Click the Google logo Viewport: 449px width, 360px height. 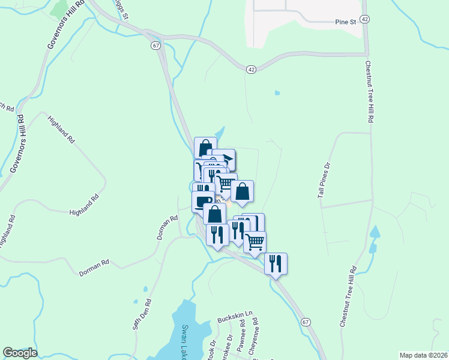tap(20, 353)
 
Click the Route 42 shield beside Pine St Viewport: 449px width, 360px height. tap(366, 20)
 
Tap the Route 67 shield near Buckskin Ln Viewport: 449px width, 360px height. tap(306, 322)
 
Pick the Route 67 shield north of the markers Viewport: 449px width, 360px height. tap(156, 46)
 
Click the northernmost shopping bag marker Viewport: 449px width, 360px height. tap(205, 148)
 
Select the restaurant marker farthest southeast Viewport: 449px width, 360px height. tap(276, 263)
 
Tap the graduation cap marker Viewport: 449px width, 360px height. tap(227, 158)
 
